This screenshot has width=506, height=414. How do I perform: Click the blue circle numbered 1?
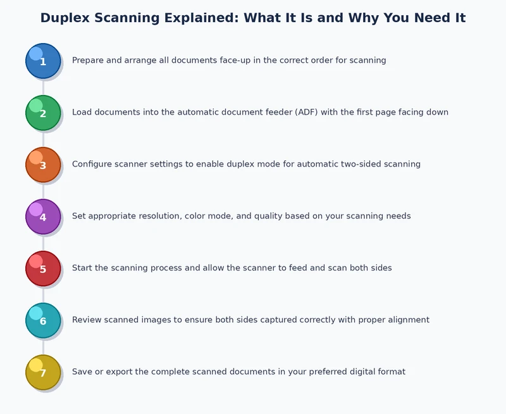click(x=43, y=61)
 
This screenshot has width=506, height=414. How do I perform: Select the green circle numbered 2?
click(x=43, y=113)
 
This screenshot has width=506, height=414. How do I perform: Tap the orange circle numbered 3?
click(x=43, y=165)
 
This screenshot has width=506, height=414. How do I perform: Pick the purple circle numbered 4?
click(x=43, y=216)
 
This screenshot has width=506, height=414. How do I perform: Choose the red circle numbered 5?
click(x=43, y=268)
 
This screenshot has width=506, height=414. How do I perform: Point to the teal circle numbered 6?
click(x=43, y=320)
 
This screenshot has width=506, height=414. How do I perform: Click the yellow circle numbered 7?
click(x=43, y=372)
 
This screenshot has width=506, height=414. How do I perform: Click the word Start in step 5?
click(x=82, y=268)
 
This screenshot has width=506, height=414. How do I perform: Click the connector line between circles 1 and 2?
click(x=43, y=87)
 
